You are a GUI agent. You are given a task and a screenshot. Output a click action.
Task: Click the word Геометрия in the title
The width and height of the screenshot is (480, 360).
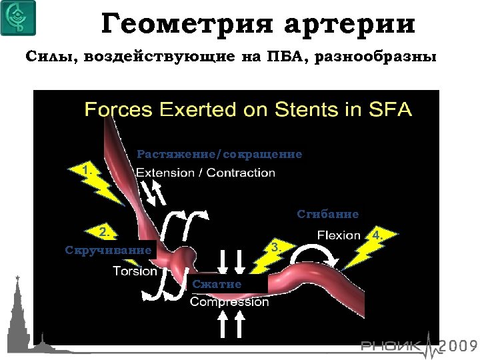point(186,25)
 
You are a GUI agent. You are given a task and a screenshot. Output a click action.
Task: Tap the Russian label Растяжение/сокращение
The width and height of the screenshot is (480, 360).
point(219,155)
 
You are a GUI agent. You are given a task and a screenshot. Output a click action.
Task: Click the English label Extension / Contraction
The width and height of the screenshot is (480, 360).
point(205,173)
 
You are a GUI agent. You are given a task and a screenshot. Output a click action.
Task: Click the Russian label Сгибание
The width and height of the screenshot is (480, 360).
point(328,215)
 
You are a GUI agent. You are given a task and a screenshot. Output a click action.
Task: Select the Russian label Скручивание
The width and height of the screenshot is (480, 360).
point(108,250)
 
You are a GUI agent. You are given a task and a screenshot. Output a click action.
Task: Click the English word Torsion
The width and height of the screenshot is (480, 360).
point(135,271)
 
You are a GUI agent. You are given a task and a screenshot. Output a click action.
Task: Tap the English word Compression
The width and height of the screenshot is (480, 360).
point(229,302)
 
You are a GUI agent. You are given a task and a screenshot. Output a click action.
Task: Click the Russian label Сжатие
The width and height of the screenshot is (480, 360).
point(217,285)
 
